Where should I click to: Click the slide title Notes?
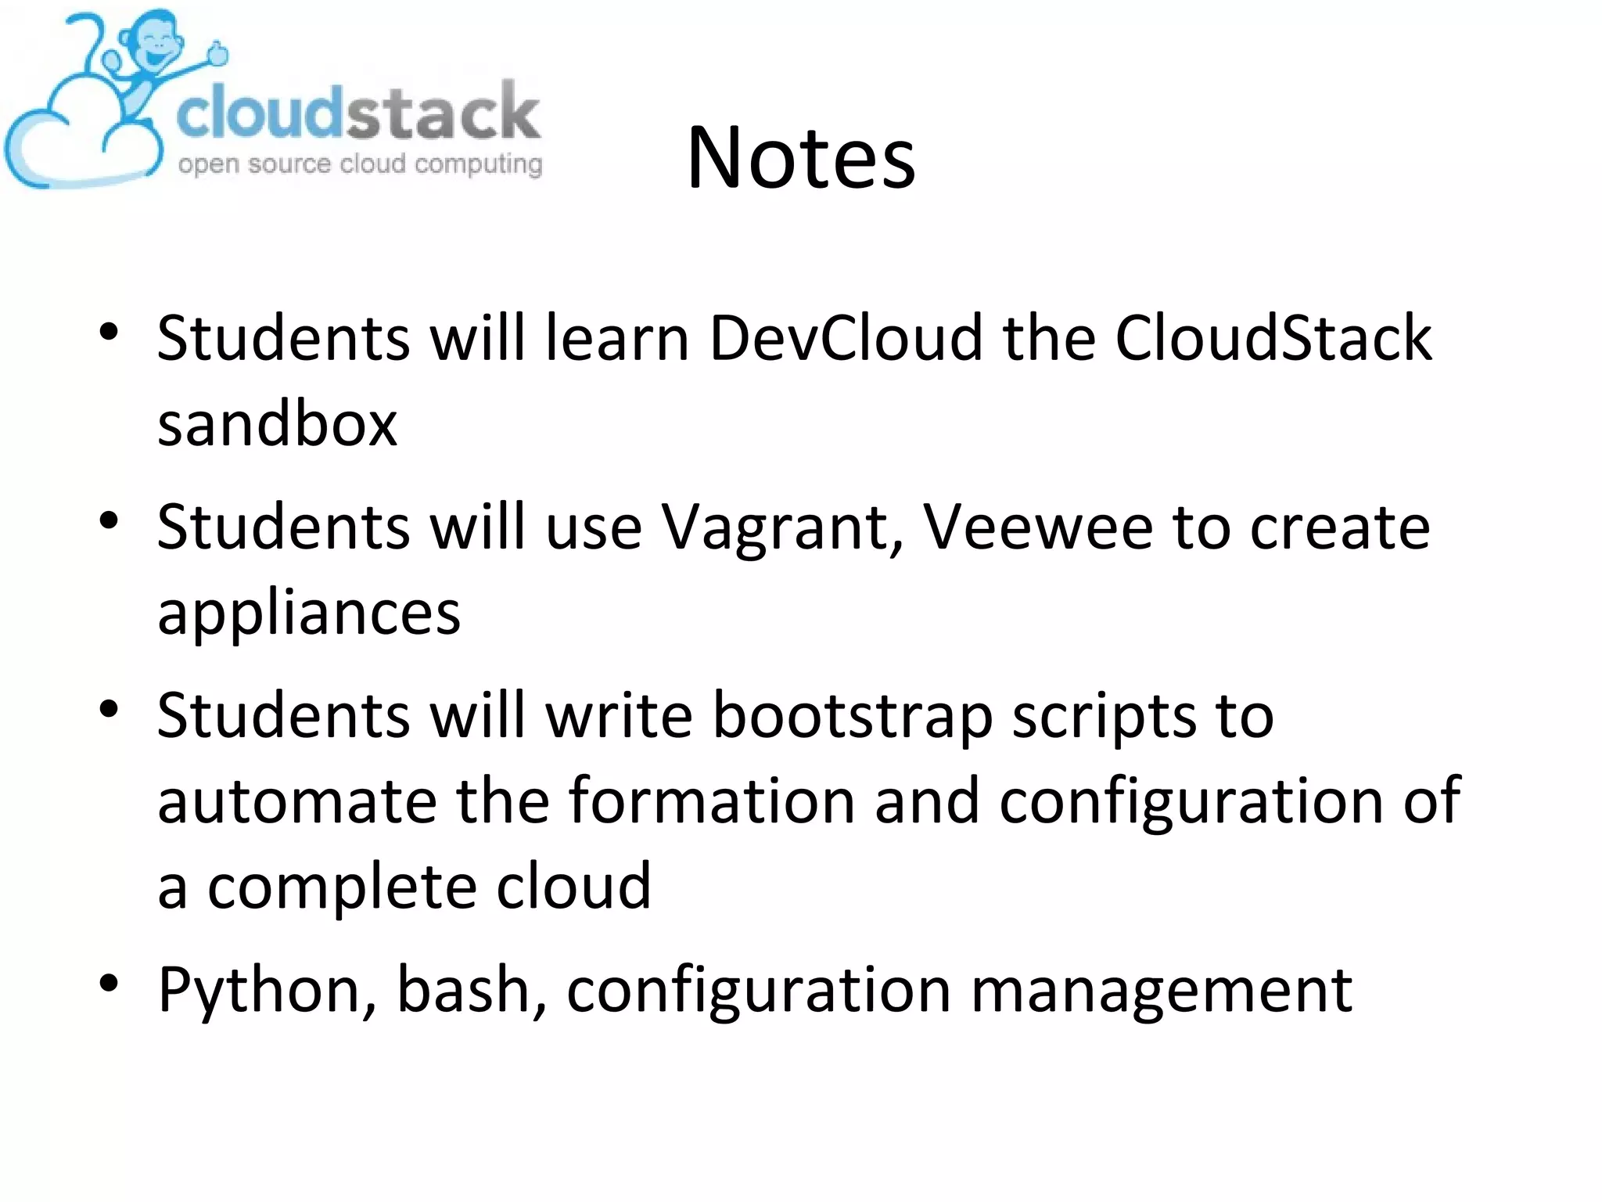point(801,158)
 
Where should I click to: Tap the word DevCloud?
point(845,338)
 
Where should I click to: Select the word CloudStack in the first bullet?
point(1273,338)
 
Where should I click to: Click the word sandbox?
point(277,424)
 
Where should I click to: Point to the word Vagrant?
point(783,527)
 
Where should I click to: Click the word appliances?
point(309,614)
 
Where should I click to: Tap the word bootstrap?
point(853,715)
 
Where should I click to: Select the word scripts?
point(1103,717)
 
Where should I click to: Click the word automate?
point(297,801)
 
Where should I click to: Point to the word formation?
point(712,801)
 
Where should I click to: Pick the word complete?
point(342,887)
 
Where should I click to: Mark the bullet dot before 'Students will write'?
point(109,709)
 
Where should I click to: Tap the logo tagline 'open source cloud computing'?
point(360,164)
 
